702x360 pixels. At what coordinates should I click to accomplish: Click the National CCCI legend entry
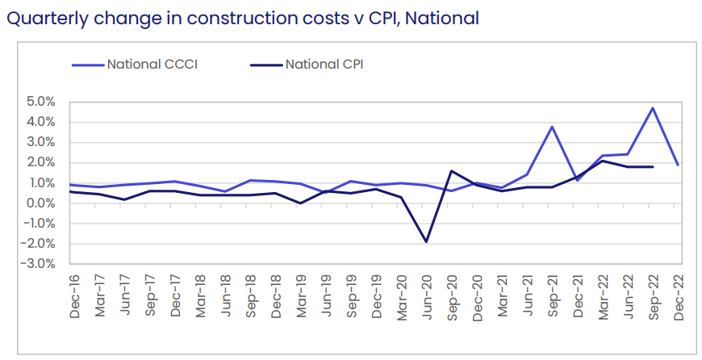[x=153, y=64]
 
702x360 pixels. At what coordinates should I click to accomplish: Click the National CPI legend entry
[x=324, y=64]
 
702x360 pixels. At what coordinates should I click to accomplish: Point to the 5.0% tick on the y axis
[x=40, y=102]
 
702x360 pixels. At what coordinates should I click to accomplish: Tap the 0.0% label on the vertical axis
[x=40, y=203]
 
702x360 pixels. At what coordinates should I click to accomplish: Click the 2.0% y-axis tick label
[x=40, y=163]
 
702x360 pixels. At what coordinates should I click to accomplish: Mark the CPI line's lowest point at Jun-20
[x=425, y=242]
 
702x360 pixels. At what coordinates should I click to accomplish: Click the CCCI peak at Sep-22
[x=653, y=108]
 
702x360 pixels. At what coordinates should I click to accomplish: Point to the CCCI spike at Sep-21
[x=552, y=127]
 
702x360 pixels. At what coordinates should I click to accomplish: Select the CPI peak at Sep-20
[x=450, y=171]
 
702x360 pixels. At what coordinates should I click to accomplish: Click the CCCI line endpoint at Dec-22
[x=678, y=165]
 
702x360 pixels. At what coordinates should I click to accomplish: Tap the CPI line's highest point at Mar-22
[x=602, y=161]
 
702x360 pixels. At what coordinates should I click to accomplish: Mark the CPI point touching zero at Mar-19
[x=299, y=203]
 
